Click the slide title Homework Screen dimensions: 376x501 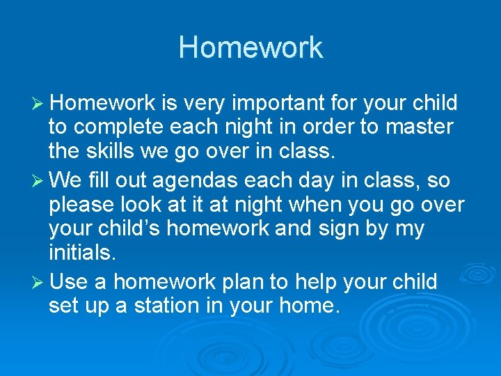click(x=250, y=47)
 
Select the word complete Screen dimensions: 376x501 click(x=120, y=128)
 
